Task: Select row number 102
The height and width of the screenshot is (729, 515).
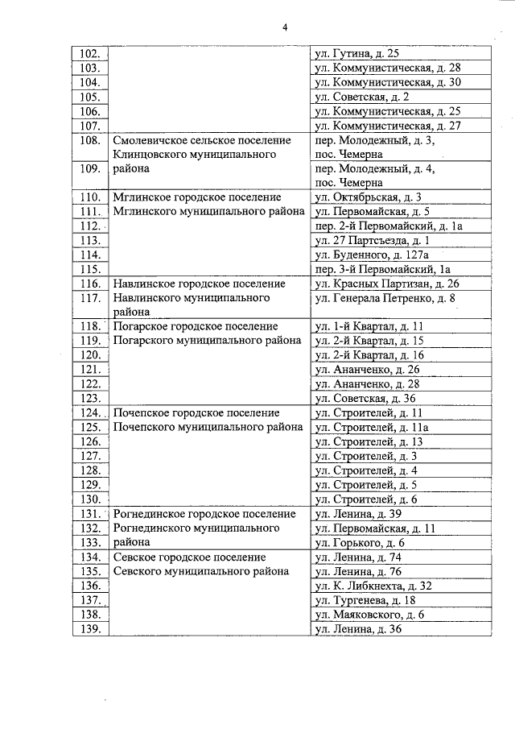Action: (90, 54)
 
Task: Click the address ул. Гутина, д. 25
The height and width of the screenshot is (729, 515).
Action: (356, 54)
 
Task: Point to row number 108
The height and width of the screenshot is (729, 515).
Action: (90, 140)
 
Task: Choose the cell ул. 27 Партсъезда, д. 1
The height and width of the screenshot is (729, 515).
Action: (372, 240)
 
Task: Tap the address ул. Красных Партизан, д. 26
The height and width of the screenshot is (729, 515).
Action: (387, 284)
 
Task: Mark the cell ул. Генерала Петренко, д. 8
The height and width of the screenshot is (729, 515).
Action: (385, 298)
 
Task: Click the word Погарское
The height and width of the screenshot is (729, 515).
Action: (141, 326)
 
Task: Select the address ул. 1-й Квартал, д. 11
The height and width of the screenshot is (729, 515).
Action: (369, 326)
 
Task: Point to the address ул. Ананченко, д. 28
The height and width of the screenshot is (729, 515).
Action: (368, 383)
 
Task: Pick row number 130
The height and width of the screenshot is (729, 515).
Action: (90, 499)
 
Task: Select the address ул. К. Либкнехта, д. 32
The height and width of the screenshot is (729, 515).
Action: (373, 586)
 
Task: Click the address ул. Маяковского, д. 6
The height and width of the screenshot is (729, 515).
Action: (369, 615)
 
